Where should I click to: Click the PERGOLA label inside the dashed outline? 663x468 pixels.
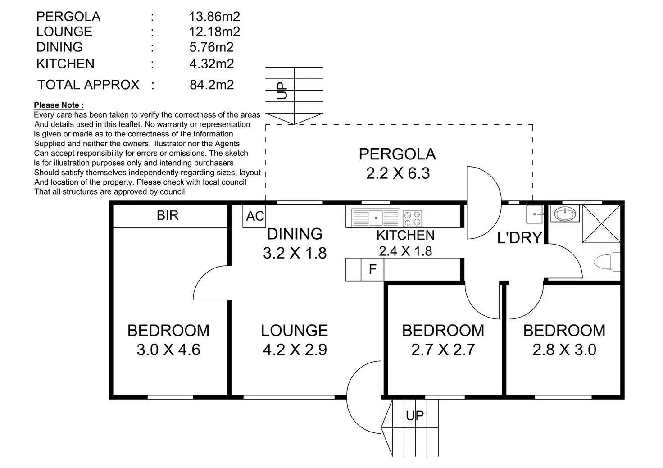(397, 154)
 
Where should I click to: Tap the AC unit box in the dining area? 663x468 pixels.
(254, 216)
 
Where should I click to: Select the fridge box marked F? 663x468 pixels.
(372, 269)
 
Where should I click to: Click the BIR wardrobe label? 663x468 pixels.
(168, 216)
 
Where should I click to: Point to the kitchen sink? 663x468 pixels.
(375, 218)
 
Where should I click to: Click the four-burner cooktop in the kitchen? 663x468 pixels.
(412, 218)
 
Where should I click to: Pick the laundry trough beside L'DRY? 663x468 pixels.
(535, 214)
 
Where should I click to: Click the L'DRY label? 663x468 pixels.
(519, 237)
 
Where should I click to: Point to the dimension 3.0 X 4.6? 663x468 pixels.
(168, 350)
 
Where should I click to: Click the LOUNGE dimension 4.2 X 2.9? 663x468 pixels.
(295, 350)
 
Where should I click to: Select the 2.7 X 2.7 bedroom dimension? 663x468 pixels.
(443, 350)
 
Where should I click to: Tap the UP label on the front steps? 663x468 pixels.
(415, 416)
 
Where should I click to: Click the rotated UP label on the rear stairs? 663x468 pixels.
(282, 91)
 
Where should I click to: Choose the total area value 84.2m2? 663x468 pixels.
(212, 85)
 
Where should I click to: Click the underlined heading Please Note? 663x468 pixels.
(59, 105)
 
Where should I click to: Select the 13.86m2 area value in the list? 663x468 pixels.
(214, 17)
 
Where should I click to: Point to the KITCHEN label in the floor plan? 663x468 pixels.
(405, 235)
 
